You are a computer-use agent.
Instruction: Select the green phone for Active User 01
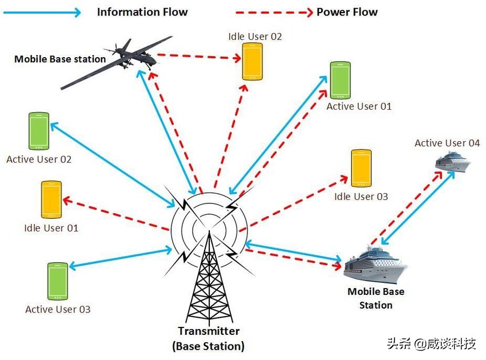[x=340, y=81]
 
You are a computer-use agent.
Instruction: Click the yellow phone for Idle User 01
[x=51, y=199]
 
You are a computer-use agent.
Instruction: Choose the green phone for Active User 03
[x=58, y=281]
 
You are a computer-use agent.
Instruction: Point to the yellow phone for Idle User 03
[x=361, y=169]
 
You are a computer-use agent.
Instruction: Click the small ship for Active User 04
[x=452, y=163]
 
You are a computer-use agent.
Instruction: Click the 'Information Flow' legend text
[x=142, y=12]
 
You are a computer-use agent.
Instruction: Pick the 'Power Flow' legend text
[x=347, y=12]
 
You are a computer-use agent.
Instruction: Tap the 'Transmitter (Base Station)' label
[x=208, y=338]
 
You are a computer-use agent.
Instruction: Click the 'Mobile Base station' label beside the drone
[x=60, y=59]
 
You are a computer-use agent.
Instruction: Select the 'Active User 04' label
[x=447, y=143]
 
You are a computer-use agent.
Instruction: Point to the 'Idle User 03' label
[x=361, y=197]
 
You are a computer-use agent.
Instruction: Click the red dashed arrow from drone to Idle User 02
[x=197, y=57]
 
